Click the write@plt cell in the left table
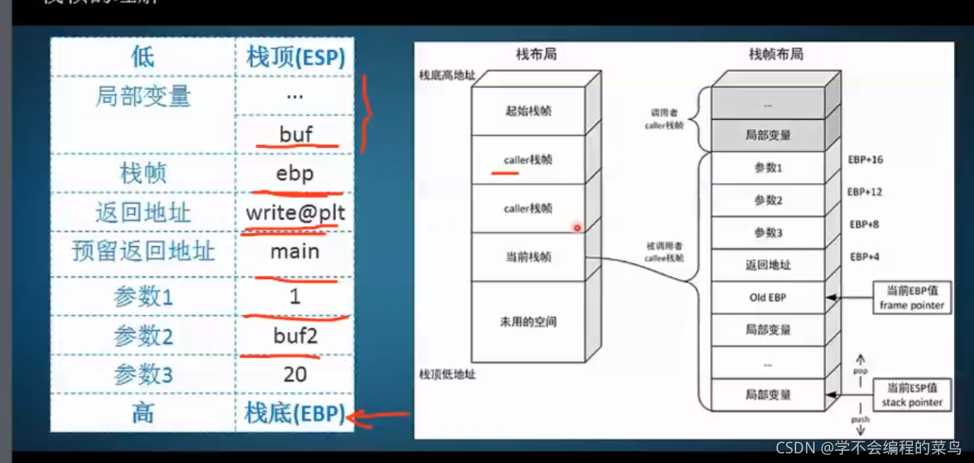click(294, 214)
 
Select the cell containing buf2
click(295, 335)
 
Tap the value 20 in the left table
click(295, 374)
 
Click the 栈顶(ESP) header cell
click(295, 58)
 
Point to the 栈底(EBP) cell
click(295, 414)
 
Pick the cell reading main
click(295, 252)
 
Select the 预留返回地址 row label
click(143, 252)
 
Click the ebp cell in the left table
click(295, 174)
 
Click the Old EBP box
click(767, 297)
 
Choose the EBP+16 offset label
click(865, 160)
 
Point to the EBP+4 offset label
click(864, 257)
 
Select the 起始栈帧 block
click(528, 112)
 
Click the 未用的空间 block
click(528, 322)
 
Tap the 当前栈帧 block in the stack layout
click(528, 257)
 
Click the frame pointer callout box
click(911, 297)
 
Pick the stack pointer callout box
click(911, 394)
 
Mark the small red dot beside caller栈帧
click(576, 228)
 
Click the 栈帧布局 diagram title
click(776, 55)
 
